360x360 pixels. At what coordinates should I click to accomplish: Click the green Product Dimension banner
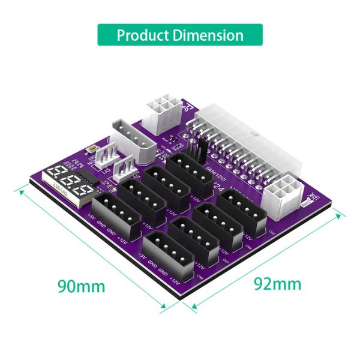click(x=180, y=35)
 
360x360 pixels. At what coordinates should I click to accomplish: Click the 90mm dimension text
click(x=81, y=284)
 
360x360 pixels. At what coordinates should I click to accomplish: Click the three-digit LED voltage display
click(x=67, y=180)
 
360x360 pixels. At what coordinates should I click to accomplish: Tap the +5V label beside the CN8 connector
click(x=142, y=256)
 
